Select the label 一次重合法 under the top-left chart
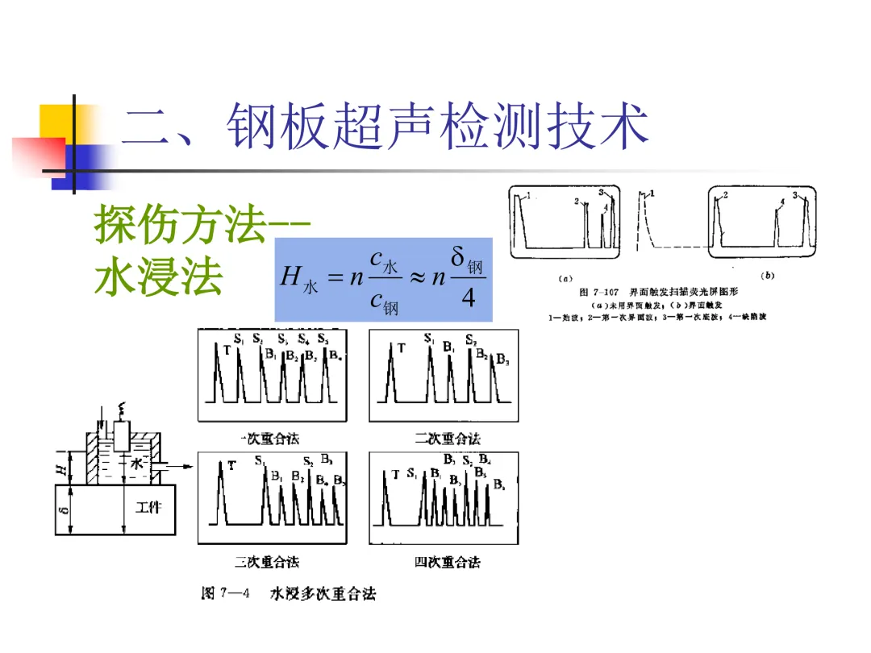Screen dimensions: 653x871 270,439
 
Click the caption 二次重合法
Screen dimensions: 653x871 448,439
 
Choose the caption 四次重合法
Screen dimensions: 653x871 448,562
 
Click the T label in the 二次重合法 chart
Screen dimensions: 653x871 401,347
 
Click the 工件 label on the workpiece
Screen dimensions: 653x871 148,507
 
